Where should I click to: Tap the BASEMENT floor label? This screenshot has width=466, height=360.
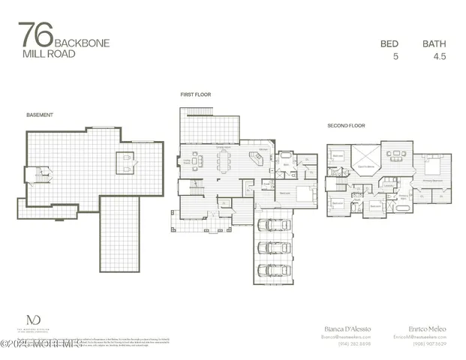(39, 115)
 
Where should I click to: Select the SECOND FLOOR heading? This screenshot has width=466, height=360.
(346, 125)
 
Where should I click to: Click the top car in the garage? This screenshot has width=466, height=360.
(274, 225)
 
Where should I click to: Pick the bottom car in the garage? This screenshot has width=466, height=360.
(274, 270)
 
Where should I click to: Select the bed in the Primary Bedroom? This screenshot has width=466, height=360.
(433, 164)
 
